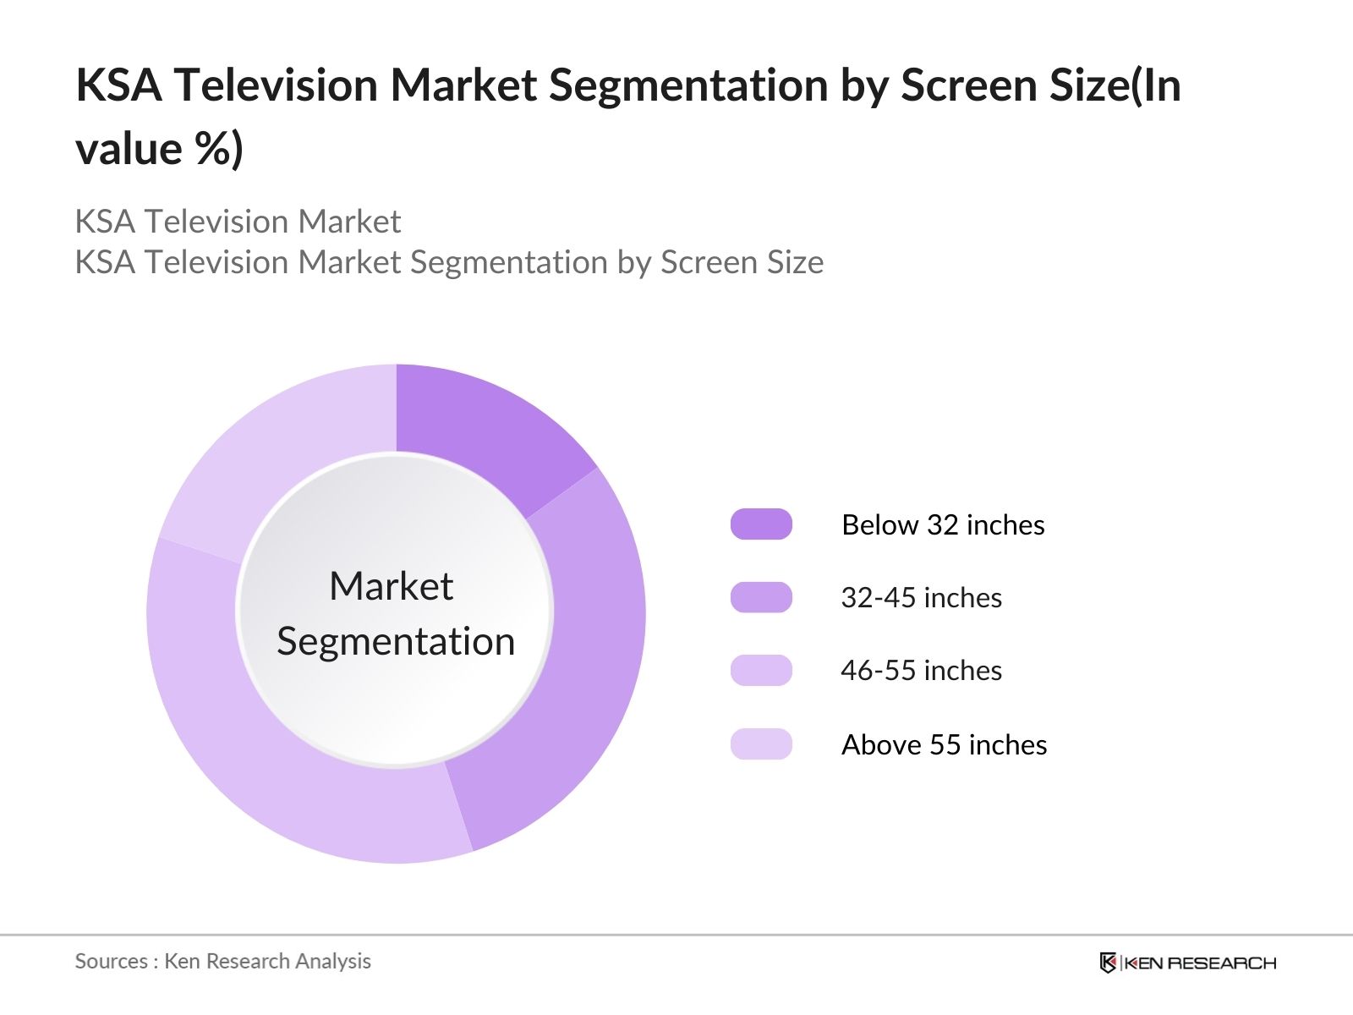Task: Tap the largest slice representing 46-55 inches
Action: pyautogui.click(x=279, y=761)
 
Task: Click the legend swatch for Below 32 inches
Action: pyautogui.click(x=761, y=524)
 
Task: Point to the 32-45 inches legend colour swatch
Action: pyautogui.click(x=761, y=597)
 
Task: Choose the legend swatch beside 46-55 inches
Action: pyautogui.click(x=761, y=670)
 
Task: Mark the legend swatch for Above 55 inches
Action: pyautogui.click(x=761, y=744)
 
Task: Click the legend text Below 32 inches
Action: pyautogui.click(x=943, y=525)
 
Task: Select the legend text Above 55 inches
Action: pyautogui.click(x=944, y=745)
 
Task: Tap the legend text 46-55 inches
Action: pyautogui.click(x=921, y=671)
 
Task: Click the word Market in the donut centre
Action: pyautogui.click(x=391, y=586)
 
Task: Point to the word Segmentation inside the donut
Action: pyautogui.click(x=396, y=641)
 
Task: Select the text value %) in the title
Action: pyautogui.click(x=159, y=149)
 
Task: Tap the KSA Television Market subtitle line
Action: pyautogui.click(x=238, y=222)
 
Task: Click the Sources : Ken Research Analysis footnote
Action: pyautogui.click(x=222, y=961)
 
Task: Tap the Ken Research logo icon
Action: pyautogui.click(x=1108, y=963)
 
